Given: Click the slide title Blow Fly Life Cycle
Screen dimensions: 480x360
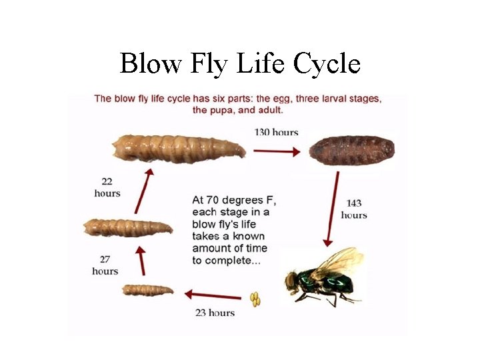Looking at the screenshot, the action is tap(240, 64).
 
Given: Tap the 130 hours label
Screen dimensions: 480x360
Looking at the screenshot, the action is tap(276, 132).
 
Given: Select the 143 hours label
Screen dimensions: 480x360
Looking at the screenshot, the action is tap(354, 209).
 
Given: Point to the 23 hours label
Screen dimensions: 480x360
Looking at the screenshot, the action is tap(215, 312).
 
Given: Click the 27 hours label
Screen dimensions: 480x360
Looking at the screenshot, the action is tap(105, 265).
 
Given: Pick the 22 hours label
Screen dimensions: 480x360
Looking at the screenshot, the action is tap(107, 187).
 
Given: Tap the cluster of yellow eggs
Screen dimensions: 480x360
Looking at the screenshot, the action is tap(255, 300).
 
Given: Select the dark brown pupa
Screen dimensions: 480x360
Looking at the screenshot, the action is tap(352, 153).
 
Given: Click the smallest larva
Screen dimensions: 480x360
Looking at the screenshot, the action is tap(148, 290).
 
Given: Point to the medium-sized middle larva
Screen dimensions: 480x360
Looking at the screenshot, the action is tap(127, 227).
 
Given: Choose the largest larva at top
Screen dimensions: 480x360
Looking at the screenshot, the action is tap(177, 149).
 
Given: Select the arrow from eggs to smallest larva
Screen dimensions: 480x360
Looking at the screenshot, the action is tap(213, 295).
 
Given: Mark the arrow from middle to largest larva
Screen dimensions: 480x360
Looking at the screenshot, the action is tap(142, 189).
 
